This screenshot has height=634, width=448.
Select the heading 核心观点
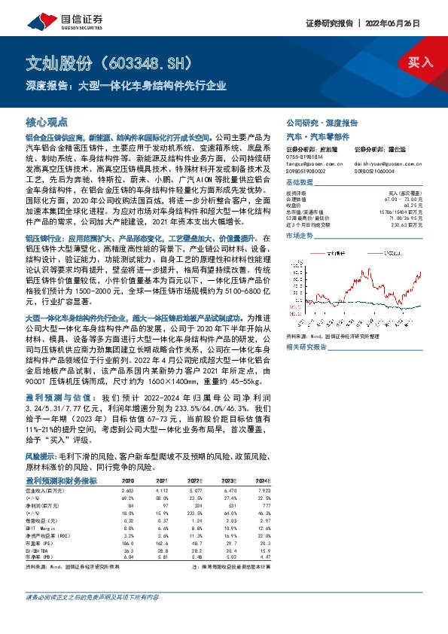[47, 121]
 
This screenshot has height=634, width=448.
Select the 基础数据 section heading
[300, 184]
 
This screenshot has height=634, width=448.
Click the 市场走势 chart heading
[300, 236]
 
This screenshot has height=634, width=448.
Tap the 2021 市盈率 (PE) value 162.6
[160, 542]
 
